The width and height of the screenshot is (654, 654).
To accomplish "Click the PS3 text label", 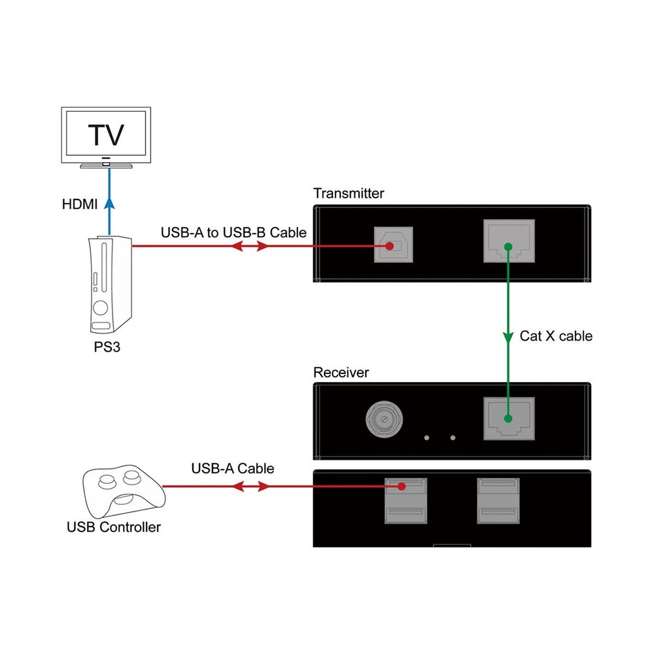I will click(x=107, y=349).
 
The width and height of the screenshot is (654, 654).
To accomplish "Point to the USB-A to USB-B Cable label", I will click(x=233, y=232).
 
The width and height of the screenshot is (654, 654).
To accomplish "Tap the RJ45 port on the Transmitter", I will click(x=508, y=241).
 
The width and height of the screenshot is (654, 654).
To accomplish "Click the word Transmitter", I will click(x=349, y=193).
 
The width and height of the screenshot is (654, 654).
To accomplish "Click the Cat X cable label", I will click(x=556, y=336).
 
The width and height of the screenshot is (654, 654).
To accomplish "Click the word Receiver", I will click(x=341, y=373).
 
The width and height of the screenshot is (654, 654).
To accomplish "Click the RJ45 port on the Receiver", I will click(x=508, y=418).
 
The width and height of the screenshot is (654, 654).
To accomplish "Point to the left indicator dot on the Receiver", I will click(x=426, y=438).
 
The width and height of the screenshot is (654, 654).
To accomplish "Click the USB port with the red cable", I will click(x=403, y=487).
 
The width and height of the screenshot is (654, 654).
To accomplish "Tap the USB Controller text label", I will click(x=114, y=527).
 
